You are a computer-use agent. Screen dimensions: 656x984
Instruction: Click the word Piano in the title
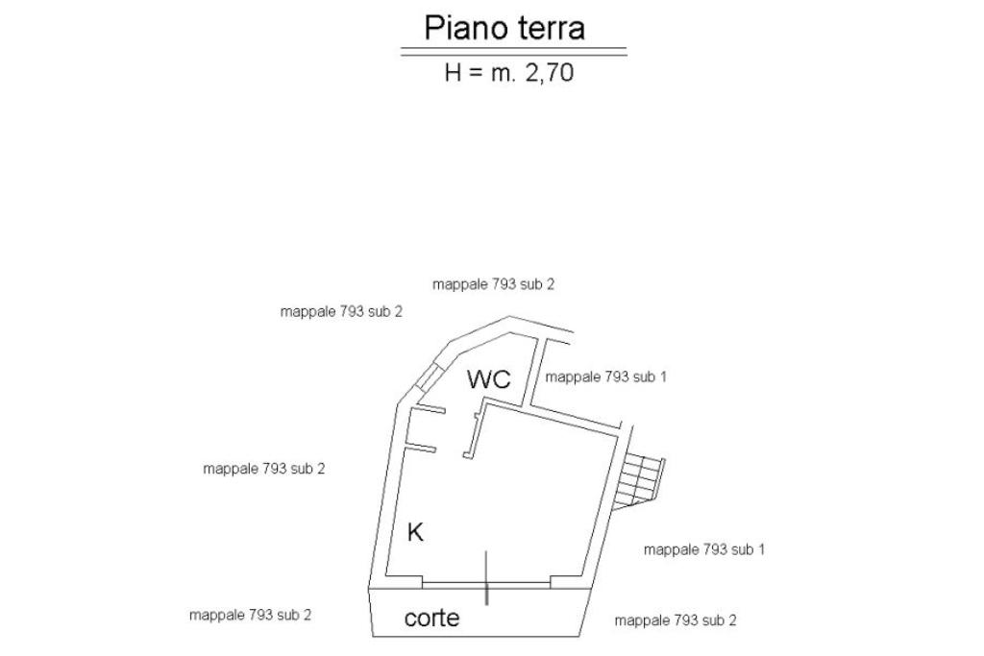point(464,27)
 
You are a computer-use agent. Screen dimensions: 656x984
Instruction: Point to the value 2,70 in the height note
point(548,72)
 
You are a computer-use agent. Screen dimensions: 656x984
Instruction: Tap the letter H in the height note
point(453,72)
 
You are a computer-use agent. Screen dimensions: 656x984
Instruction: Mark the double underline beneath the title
point(513,51)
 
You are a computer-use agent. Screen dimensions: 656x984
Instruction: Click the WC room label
point(488,378)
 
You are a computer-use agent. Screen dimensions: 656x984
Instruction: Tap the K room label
point(415,531)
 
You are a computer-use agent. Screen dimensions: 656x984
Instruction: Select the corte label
point(431,618)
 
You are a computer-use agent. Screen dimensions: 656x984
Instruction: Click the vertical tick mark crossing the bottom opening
point(487,577)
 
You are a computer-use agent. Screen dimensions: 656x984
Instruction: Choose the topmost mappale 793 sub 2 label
point(494,283)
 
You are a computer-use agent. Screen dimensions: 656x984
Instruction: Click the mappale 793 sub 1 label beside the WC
point(605,377)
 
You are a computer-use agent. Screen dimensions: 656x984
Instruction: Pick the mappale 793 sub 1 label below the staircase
point(703,549)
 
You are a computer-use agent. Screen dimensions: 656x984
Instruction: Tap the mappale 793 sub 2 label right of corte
point(676,620)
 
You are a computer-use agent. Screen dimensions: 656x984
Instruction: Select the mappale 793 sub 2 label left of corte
point(250,615)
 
